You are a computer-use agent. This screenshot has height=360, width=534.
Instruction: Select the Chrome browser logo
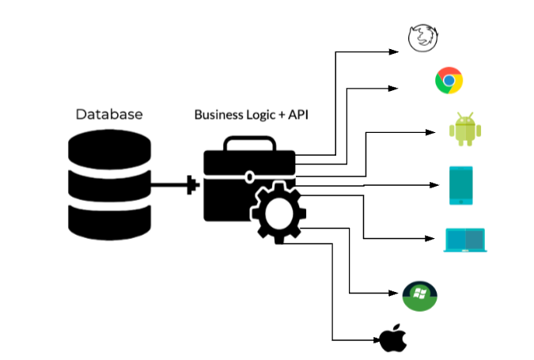coord(449,81)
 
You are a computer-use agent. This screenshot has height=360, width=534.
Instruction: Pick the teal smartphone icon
coord(461,185)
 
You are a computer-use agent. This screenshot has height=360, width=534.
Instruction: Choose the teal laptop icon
coord(465,240)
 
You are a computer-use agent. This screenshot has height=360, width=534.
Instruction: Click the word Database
coord(109,115)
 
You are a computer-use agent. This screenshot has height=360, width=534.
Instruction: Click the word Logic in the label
coord(261,116)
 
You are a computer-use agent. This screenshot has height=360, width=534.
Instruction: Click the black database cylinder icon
coord(109,184)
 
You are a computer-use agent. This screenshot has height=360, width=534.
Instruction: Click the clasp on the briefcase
coord(249,176)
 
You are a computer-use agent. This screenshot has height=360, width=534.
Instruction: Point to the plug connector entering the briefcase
coord(191,187)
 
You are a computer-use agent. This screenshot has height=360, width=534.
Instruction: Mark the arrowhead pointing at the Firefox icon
coord(397,52)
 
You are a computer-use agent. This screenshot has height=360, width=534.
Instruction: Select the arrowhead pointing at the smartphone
coord(434,186)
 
